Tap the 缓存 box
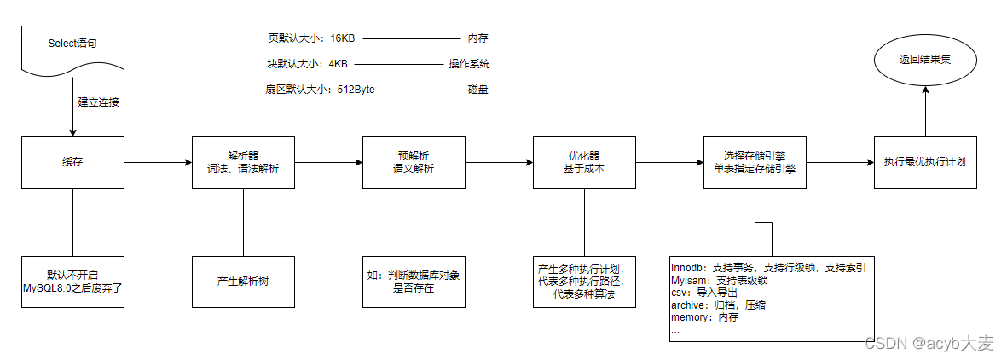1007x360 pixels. [72, 162]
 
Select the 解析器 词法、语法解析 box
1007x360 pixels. [243, 162]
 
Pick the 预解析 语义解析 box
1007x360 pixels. [414, 162]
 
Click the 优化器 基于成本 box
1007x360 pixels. [584, 162]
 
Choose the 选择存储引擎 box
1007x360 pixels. [755, 162]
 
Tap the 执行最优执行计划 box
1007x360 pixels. [925, 162]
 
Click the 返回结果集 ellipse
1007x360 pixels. [925, 61]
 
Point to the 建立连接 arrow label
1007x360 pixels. [99, 102]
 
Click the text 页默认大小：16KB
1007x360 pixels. [311, 38]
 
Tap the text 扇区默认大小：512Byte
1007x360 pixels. [321, 90]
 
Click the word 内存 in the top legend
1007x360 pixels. [477, 38]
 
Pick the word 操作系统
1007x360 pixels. [470, 64]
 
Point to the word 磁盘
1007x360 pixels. [477, 90]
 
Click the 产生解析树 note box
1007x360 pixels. [243, 282]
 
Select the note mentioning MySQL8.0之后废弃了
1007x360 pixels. [72, 282]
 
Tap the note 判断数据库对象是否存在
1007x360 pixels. [414, 282]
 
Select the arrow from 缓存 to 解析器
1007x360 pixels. [158, 162]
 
